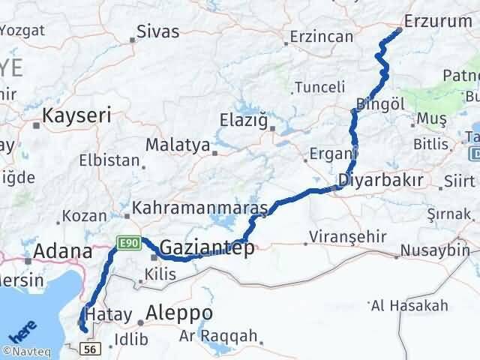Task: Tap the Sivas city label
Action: [x=157, y=31]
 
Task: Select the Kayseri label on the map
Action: [x=76, y=115]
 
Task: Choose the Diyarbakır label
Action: [x=380, y=180]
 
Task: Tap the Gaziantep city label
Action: [x=207, y=248]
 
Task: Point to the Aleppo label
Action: [x=180, y=313]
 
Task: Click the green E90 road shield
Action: [x=124, y=242]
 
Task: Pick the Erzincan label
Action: [x=321, y=36]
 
